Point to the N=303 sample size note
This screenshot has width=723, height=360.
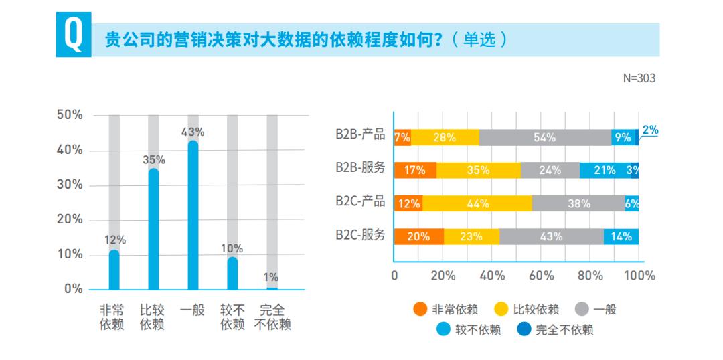(639, 78)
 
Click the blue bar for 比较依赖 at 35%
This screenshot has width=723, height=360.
(153, 229)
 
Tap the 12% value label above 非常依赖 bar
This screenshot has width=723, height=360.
(114, 240)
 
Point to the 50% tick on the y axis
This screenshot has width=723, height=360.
(70, 115)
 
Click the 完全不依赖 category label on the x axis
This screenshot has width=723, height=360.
(272, 317)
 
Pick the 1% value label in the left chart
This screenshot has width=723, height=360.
(271, 277)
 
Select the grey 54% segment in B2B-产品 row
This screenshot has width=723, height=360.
(544, 137)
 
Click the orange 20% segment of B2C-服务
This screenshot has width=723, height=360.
(418, 236)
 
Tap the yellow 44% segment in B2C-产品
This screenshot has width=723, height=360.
(477, 203)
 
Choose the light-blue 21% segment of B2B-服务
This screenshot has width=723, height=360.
(605, 170)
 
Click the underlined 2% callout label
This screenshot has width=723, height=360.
(650, 130)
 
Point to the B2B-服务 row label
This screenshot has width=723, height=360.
(360, 167)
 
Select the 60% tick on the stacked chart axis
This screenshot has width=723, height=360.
(541, 275)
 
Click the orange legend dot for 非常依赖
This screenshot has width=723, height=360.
(420, 309)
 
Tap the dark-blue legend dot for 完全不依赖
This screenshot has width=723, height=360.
(524, 329)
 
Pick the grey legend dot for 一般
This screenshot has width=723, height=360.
(582, 309)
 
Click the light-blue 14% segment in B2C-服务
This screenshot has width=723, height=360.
(621, 236)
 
